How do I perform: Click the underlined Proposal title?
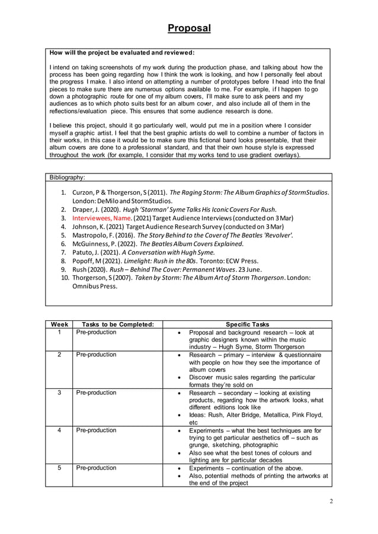click(x=188, y=28)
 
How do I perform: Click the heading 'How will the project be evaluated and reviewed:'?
click(x=121, y=53)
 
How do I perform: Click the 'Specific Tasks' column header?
click(x=247, y=324)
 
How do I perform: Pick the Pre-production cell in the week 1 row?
click(x=97, y=332)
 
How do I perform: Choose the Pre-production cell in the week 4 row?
click(x=97, y=430)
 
